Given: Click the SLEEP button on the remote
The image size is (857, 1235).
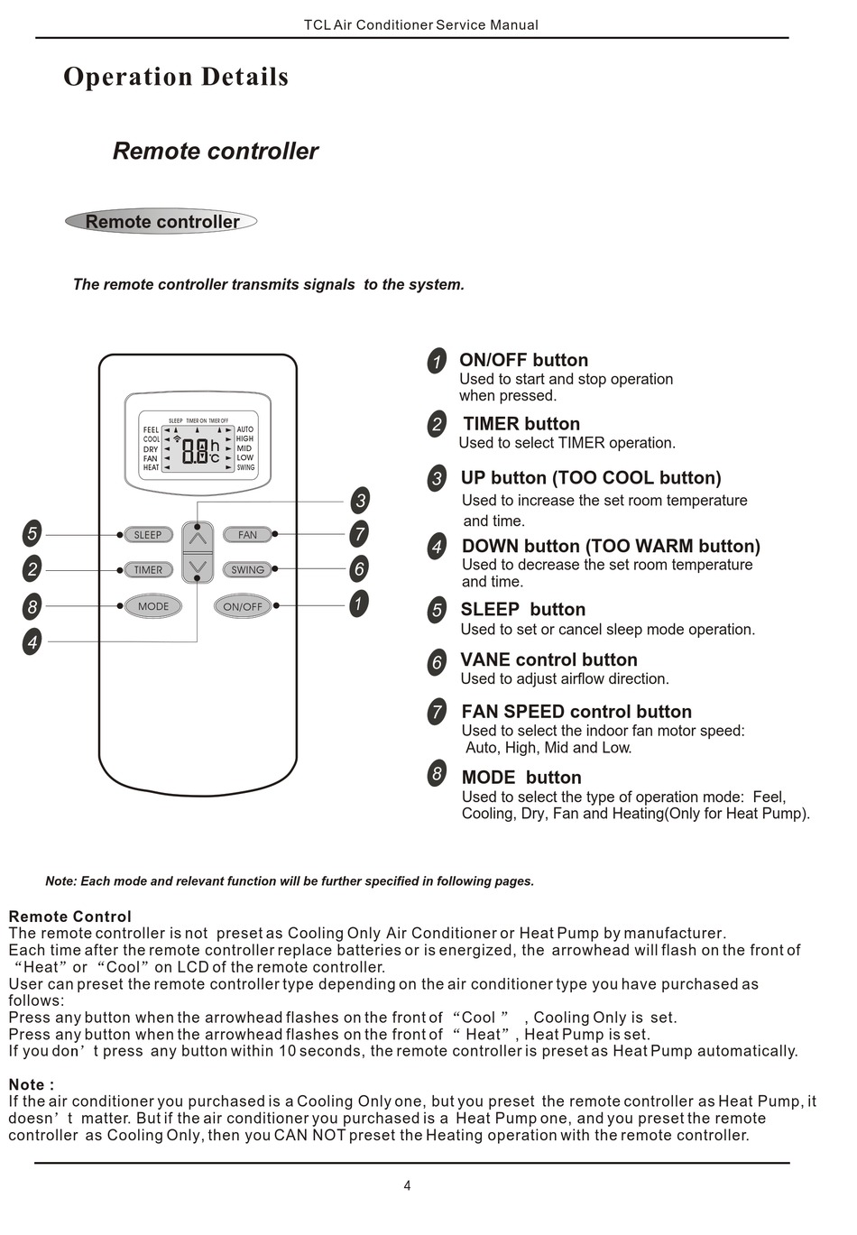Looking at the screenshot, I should (x=148, y=535).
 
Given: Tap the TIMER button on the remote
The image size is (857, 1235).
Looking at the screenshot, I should (x=148, y=570).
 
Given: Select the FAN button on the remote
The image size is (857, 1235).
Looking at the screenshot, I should (x=247, y=535).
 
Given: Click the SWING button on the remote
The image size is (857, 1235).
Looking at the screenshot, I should (x=247, y=570).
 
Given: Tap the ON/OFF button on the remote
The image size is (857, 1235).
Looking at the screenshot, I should (x=243, y=606).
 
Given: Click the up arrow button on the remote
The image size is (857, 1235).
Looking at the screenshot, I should (x=198, y=539).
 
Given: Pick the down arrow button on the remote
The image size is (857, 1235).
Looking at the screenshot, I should (x=198, y=567).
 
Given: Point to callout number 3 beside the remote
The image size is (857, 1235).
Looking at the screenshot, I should (x=360, y=501).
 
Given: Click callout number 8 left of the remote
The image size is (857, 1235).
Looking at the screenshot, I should (x=32, y=605).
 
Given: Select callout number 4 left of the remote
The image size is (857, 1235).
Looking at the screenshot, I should (x=32, y=642).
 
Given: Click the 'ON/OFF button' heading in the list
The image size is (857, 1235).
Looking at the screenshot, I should (x=523, y=361).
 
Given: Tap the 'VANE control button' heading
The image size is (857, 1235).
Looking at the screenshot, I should (x=548, y=660).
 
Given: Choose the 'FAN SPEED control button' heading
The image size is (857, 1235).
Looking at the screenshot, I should (x=576, y=712).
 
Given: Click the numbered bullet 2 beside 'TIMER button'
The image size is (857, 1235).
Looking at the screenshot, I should (x=437, y=424).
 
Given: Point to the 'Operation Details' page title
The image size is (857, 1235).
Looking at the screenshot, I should (x=176, y=78).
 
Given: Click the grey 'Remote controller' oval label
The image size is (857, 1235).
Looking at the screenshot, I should (x=161, y=222).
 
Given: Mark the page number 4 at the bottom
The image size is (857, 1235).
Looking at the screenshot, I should (x=407, y=1186).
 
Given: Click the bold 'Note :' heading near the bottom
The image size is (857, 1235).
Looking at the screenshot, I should (x=32, y=1084).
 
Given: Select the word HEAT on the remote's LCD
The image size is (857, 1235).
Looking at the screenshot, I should (x=151, y=467).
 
